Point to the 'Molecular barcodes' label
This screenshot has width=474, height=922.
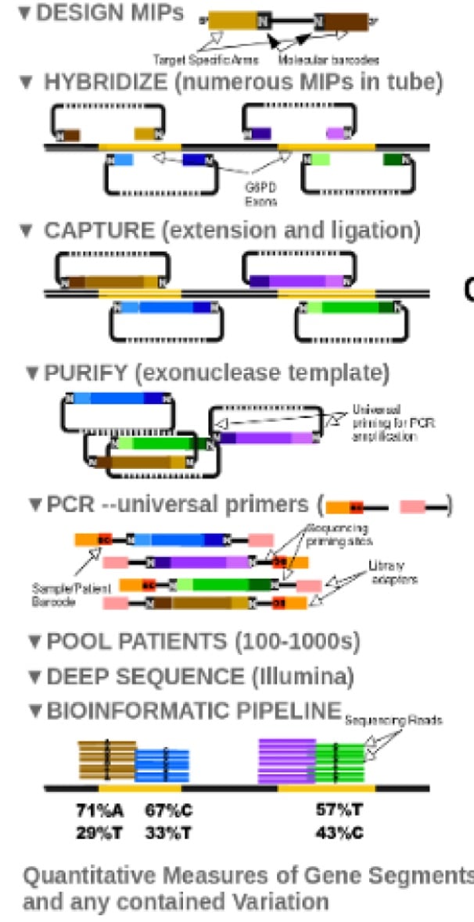pos(329,59)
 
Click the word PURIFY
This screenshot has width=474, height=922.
pos(86,373)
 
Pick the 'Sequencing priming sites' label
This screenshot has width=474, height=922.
pos(329,533)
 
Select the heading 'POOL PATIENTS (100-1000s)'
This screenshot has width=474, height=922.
pos(203,643)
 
